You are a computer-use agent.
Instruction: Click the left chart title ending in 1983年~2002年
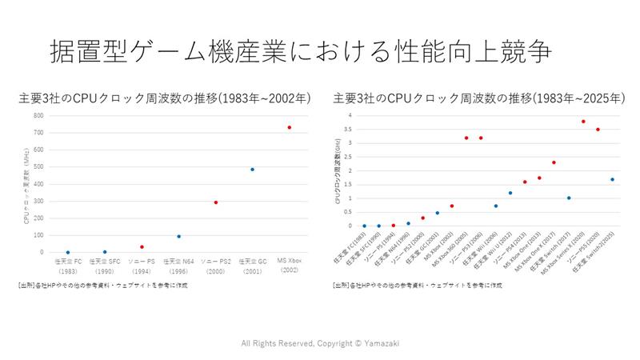164,99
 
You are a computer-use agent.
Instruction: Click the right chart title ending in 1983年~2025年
478,99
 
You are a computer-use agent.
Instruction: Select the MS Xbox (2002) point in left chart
290,127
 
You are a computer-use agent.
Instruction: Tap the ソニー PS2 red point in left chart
216,202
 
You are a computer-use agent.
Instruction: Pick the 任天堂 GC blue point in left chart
252,170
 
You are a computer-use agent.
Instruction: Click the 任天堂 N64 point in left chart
178,236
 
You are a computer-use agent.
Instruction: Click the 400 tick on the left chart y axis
38,184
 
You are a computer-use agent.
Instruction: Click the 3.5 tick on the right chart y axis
348,130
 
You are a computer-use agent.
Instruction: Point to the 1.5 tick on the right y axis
348,184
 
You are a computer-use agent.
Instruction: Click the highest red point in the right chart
583,122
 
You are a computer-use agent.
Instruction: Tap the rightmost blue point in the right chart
612,179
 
